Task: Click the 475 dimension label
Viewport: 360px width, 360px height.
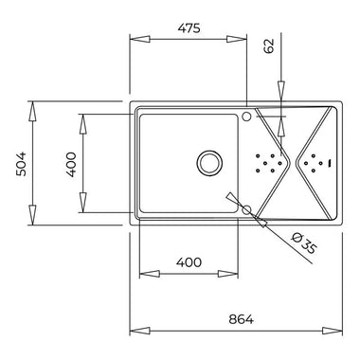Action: click(x=189, y=28)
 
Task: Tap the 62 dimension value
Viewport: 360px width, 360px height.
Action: click(x=269, y=46)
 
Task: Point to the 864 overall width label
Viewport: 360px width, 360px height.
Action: click(x=241, y=319)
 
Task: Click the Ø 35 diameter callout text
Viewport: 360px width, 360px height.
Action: click(x=303, y=243)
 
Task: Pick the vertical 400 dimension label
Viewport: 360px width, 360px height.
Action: click(x=71, y=165)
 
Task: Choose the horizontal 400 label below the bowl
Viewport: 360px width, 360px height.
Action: click(x=189, y=262)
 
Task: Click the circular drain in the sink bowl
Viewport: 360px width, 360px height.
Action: click(x=209, y=163)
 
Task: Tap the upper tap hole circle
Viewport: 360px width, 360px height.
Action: click(x=246, y=117)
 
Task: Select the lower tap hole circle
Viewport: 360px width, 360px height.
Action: click(x=246, y=209)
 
